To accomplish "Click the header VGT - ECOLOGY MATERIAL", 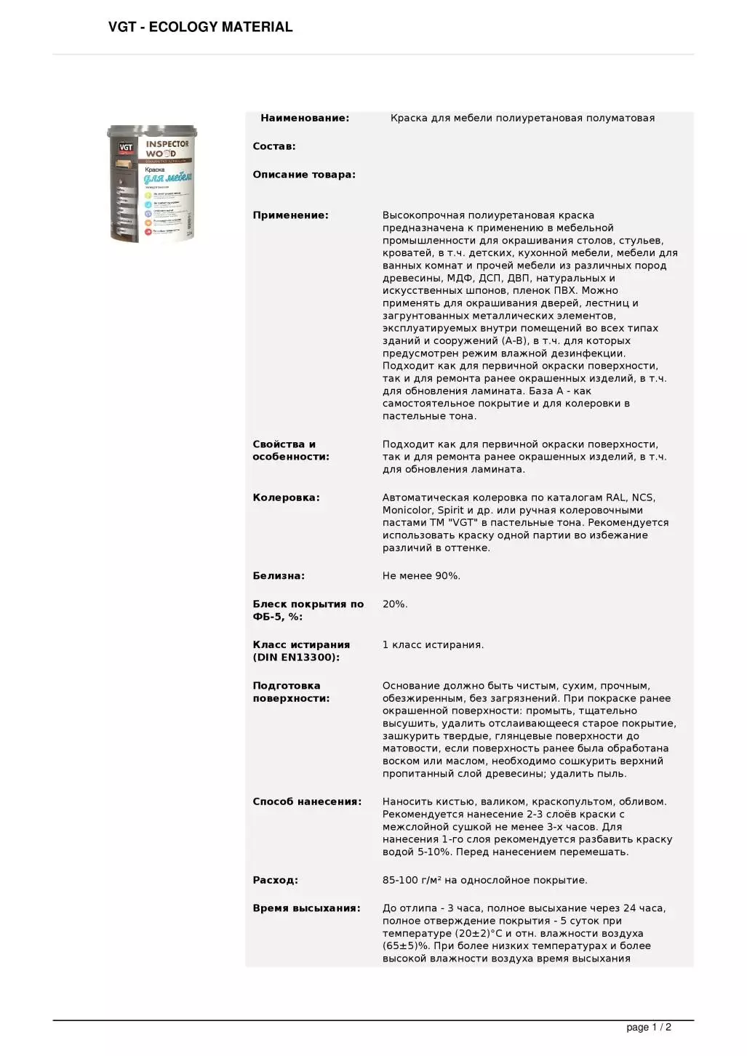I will tap(200, 27).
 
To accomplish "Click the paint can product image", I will tap(153, 183).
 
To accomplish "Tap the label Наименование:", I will tap(304, 118).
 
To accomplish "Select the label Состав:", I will tap(274, 146).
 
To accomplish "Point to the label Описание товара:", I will tap(304, 175).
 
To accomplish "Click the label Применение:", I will tap(290, 215).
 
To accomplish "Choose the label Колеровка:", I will tap(286, 497).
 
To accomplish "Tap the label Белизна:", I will tap(279, 575).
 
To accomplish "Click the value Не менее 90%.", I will tap(421, 575).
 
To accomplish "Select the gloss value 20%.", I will tap(395, 604).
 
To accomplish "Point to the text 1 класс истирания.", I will tap(433, 644).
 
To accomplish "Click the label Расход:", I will tap(275, 880).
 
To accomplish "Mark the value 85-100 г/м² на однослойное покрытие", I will tap(484, 880).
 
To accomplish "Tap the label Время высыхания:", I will tap(306, 908).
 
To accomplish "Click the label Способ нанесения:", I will tap(307, 801).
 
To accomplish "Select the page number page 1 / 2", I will tap(648, 1027).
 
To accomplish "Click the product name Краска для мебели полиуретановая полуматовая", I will tap(522, 118).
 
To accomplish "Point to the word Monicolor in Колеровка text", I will tap(407, 510).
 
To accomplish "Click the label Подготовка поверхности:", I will tap(291, 692).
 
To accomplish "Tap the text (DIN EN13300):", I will tap(296, 657).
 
